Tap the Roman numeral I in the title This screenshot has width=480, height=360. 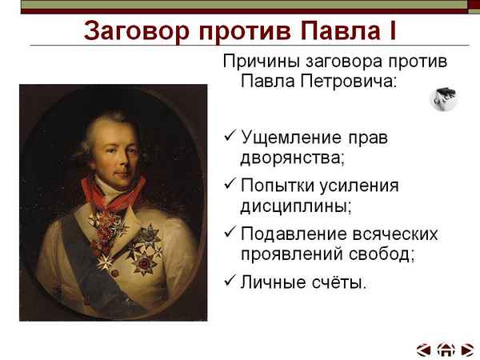point(391,31)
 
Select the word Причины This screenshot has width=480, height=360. point(258,62)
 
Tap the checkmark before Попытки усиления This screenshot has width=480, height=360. point(230,186)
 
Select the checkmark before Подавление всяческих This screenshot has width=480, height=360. point(230,234)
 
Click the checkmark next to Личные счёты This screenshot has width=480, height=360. point(230,282)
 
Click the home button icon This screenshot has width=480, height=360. point(446,349)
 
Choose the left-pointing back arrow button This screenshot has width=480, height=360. point(424,349)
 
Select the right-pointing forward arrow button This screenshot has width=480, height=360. point(467,349)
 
